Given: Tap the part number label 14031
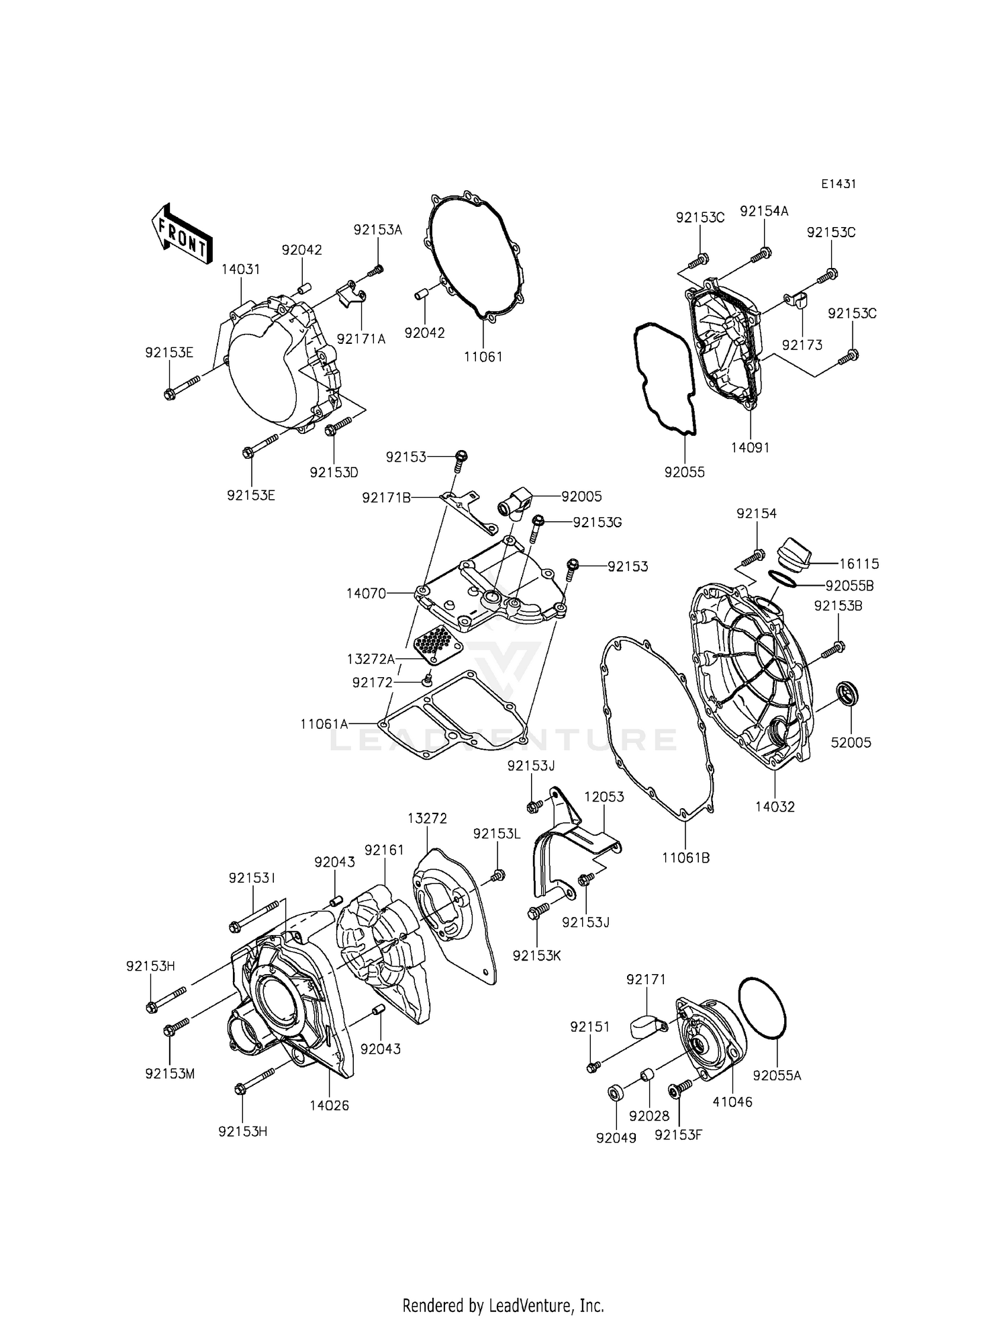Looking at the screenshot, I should (x=241, y=269).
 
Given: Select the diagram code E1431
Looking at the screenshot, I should (x=838, y=183).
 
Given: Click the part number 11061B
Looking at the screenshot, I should (x=685, y=858).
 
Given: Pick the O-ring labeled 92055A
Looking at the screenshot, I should (x=763, y=1014).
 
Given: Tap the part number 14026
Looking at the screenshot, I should (x=329, y=1105).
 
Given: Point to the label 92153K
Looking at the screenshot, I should (x=536, y=955).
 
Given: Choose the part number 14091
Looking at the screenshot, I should (x=750, y=447).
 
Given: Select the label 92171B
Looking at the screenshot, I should (x=386, y=498).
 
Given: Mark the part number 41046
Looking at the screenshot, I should (x=732, y=1102).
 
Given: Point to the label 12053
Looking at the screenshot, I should (x=604, y=797).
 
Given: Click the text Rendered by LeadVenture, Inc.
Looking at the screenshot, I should (x=503, y=1305).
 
